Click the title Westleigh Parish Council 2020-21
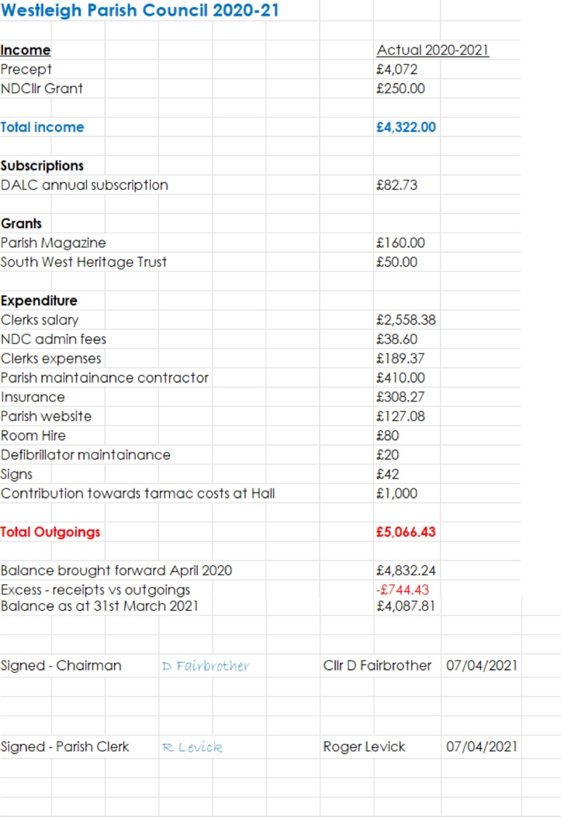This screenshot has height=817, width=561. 140,11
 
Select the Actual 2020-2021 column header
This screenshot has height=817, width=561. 432,50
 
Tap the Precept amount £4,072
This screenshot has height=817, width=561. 397,69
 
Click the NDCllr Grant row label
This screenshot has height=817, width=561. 42,88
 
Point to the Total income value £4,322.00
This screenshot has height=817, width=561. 405,127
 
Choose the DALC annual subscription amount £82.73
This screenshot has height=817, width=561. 397,185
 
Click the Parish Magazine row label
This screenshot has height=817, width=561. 54,243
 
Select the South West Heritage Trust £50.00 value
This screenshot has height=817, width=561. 396,262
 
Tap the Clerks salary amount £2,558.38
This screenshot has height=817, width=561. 405,320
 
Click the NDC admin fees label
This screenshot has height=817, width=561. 54,339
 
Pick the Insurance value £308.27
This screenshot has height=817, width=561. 400,397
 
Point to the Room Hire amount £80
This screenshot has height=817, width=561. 387,436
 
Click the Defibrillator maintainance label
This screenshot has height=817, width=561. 85,455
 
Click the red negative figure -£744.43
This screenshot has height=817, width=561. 401,590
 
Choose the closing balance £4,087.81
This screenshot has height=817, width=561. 404,605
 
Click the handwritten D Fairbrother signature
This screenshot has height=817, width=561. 206,666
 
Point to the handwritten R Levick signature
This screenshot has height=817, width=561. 192,747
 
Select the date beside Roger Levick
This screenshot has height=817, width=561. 482,747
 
